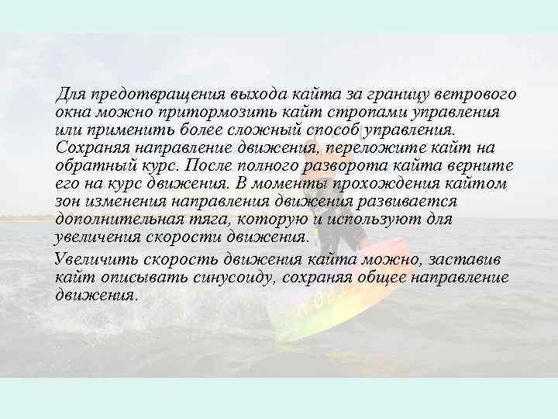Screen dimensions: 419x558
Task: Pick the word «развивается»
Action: [412, 202]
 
